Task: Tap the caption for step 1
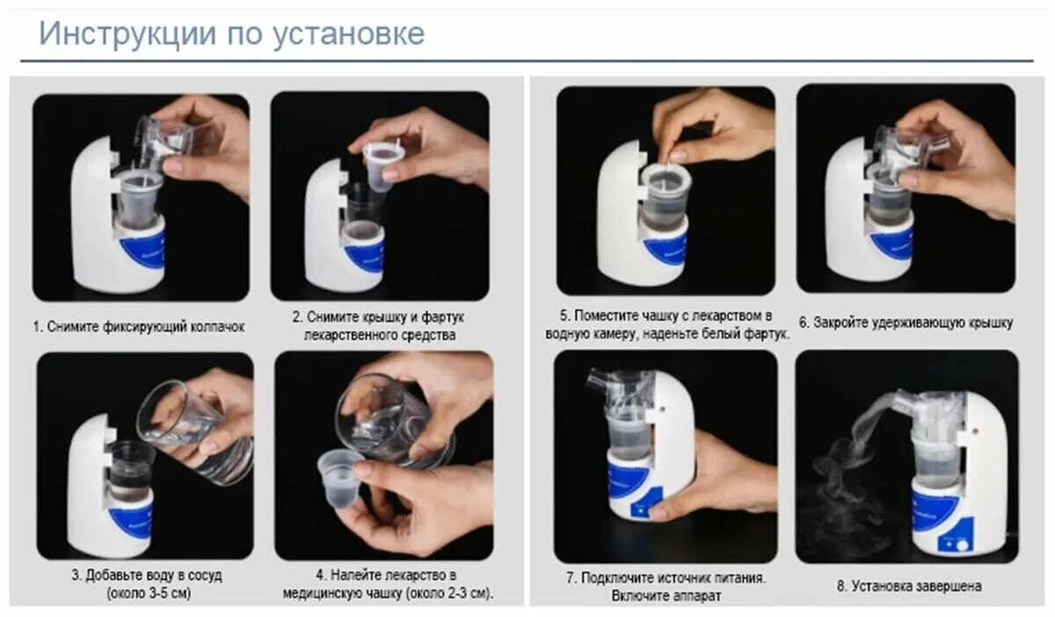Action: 139,327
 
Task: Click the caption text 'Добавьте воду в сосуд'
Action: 146,576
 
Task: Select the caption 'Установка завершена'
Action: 908,586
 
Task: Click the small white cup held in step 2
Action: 383,164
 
